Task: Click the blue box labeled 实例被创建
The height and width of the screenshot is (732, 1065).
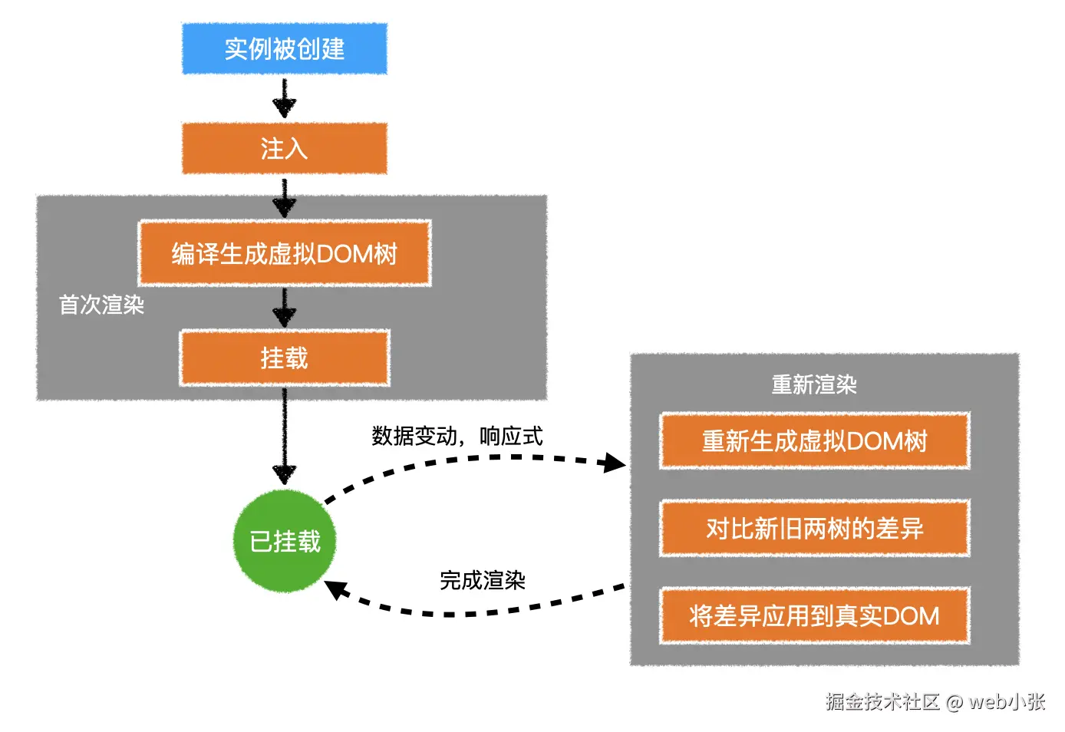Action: [x=285, y=49]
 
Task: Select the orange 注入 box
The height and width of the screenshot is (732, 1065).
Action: [x=285, y=148]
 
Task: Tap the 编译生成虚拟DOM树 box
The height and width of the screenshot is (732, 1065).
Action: [x=285, y=253]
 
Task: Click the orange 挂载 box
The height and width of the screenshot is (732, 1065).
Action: [x=285, y=358]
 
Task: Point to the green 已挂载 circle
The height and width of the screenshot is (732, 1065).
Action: [x=285, y=541]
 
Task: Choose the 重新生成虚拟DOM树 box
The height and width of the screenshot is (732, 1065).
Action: [x=814, y=441]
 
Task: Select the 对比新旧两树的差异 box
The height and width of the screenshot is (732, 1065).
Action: [x=814, y=529]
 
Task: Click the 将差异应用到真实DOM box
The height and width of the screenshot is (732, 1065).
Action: [x=814, y=616]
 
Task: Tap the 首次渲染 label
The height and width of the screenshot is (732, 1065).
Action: [x=101, y=305]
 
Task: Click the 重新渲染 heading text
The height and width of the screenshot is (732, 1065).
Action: [x=814, y=384]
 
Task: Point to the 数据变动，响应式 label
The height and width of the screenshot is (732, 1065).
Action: [x=457, y=436]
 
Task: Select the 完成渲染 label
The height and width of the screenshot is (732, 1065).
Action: [x=482, y=580]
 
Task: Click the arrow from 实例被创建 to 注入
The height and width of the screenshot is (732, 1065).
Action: [x=285, y=98]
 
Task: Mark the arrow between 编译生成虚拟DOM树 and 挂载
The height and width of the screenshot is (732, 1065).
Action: [x=285, y=308]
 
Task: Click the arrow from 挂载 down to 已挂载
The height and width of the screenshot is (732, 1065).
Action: [x=285, y=437]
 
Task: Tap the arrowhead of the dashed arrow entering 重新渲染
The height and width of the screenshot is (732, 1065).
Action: [x=615, y=463]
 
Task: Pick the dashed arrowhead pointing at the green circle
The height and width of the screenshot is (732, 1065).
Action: [x=336, y=590]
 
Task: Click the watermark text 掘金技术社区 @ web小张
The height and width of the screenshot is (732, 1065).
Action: [x=935, y=701]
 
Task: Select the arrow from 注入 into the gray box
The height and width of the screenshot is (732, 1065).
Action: [x=285, y=198]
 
